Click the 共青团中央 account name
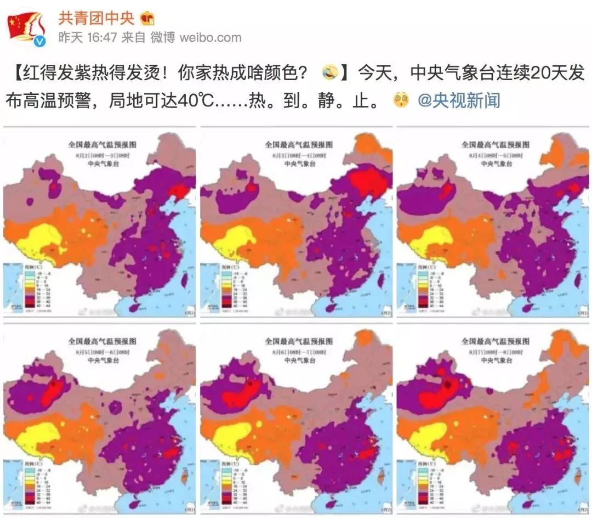click(x=96, y=18)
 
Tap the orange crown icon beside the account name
click(x=147, y=18)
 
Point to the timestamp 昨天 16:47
click(x=88, y=37)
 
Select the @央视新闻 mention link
click(x=459, y=100)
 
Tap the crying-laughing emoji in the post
click(x=330, y=72)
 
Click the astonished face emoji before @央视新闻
click(x=401, y=100)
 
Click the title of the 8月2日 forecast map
click(x=102, y=145)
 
